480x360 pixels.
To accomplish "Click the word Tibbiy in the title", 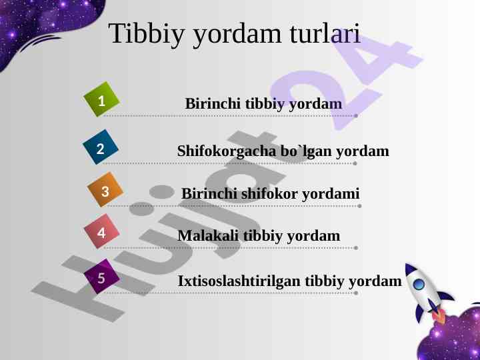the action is pyautogui.click(x=147, y=34).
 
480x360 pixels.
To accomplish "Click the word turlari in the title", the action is pyautogui.click(x=325, y=33).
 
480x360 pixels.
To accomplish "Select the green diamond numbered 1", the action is pyautogui.click(x=101, y=99).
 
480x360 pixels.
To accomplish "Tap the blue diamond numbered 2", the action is pyautogui.click(x=101, y=147).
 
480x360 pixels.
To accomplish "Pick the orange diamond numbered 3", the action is pyautogui.click(x=105, y=189).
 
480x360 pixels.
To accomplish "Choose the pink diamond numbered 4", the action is pyautogui.click(x=101, y=231).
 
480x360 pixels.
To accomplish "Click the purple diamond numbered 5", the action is pyautogui.click(x=101, y=277).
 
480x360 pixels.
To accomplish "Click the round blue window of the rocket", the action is pyautogui.click(x=419, y=285).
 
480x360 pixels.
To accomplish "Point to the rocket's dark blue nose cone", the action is pyautogui.click(x=409, y=269).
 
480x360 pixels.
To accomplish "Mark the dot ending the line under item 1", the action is pyautogui.click(x=356, y=116).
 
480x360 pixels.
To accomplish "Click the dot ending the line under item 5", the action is pyautogui.click(x=356, y=293).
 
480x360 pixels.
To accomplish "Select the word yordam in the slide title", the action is pyautogui.click(x=237, y=35).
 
